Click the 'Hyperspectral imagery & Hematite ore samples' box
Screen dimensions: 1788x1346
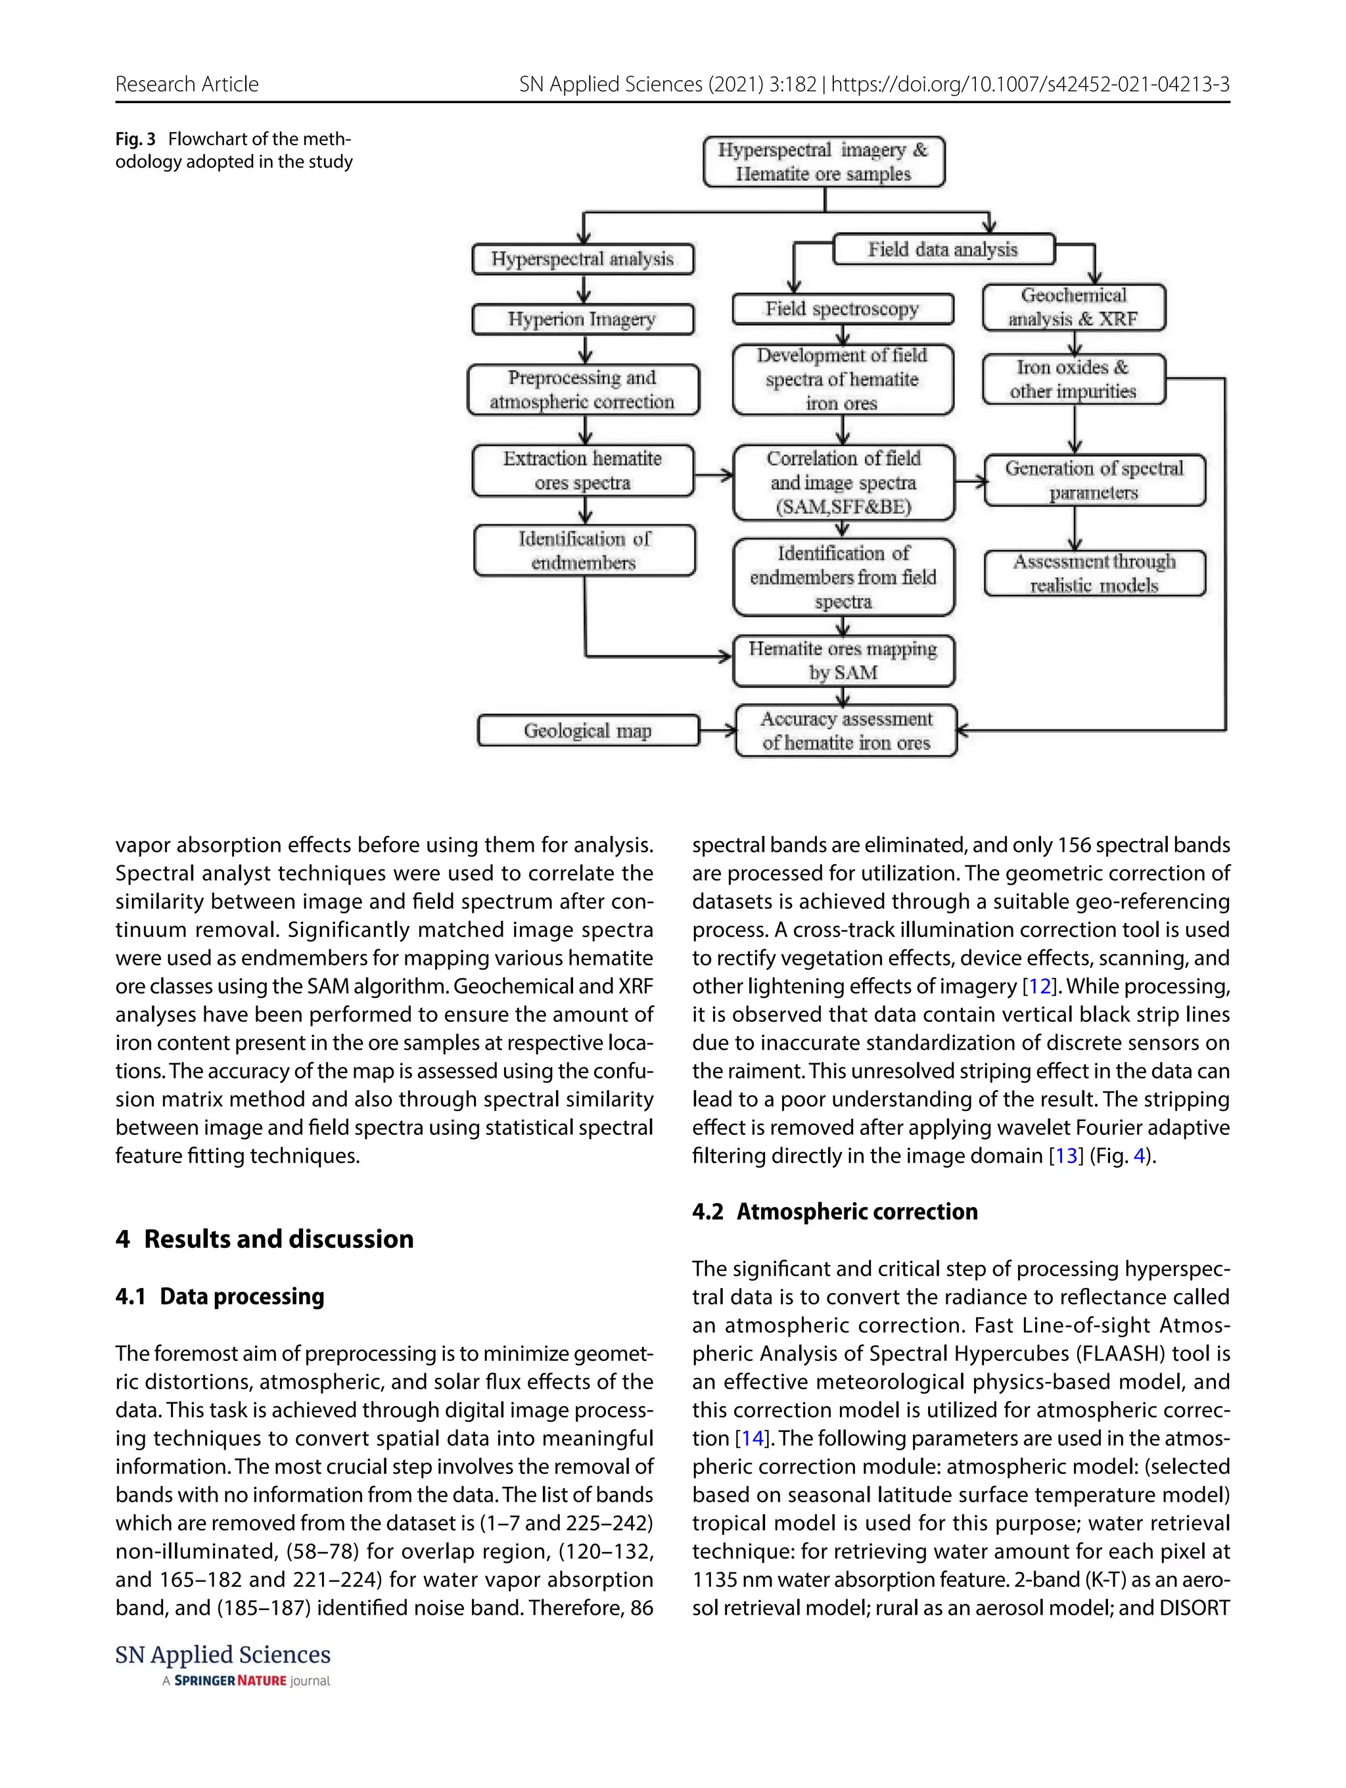coord(823,162)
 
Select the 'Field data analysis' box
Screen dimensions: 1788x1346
coord(942,249)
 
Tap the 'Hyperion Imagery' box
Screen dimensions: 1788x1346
coord(582,319)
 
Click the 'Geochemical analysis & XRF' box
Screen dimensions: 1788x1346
coord(1073,307)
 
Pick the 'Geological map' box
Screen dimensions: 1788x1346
coord(588,731)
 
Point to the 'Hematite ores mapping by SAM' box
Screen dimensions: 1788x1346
coord(843,660)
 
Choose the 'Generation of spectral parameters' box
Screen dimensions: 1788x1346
coord(1094,480)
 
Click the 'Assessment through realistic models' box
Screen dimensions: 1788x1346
coord(1094,573)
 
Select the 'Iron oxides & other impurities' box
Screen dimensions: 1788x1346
coord(1073,379)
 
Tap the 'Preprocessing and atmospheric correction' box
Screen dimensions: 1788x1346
coord(582,390)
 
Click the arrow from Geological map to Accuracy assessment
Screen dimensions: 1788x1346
coord(717,731)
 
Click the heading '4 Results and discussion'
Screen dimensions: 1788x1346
coord(264,1239)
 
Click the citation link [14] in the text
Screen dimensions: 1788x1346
coord(752,1438)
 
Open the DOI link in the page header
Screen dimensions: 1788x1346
coord(1030,84)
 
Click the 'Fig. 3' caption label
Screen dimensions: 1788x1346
coord(135,139)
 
